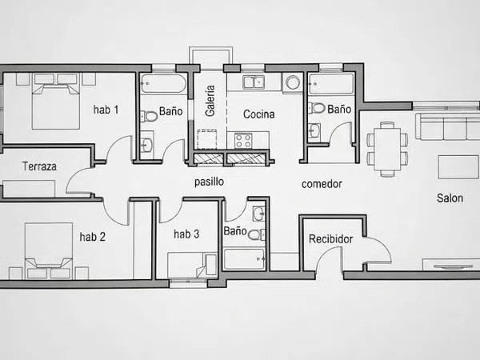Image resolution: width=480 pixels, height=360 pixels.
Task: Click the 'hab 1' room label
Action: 106,110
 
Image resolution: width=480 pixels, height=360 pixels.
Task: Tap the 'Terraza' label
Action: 39,166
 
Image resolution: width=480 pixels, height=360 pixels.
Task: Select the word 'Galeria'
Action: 210,101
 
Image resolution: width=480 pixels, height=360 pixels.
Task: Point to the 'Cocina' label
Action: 258,114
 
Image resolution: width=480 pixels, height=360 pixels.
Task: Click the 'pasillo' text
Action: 209,182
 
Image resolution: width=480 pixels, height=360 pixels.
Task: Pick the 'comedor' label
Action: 322,184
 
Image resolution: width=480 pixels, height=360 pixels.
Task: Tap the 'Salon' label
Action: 450,198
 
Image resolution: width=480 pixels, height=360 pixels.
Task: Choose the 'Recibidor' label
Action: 330,238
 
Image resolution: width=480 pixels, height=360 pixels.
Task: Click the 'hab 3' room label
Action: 186,234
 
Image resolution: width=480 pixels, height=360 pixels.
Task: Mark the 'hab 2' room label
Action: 93,237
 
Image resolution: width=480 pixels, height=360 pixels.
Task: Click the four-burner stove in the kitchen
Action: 243,141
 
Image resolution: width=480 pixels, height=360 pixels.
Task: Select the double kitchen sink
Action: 254,82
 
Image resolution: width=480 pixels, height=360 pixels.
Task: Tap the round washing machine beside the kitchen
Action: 293,82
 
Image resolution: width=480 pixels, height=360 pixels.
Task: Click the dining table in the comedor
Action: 387,149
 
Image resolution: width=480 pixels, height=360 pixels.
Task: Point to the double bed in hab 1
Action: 56,101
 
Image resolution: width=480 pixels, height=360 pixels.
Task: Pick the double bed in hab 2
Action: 49,251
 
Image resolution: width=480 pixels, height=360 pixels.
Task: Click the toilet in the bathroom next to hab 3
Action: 257,234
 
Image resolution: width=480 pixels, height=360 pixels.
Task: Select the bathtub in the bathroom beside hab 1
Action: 163,83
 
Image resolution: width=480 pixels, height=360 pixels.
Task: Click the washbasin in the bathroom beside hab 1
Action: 147,145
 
